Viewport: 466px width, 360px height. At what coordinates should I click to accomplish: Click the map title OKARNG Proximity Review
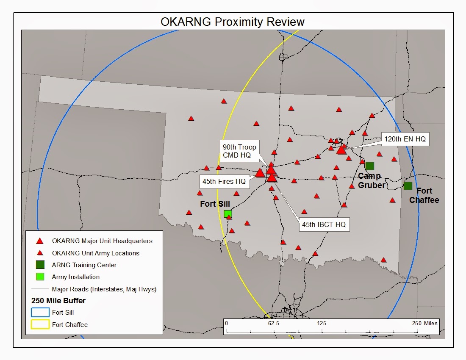tap(233, 22)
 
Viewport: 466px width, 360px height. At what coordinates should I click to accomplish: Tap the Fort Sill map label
tap(215, 204)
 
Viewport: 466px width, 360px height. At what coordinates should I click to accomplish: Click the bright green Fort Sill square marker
tap(228, 213)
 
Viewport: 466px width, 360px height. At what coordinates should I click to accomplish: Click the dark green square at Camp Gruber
tap(369, 166)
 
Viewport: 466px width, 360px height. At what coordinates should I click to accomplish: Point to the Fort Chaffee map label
tap(424, 195)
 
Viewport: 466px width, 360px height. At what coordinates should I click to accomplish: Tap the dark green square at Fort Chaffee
tap(408, 186)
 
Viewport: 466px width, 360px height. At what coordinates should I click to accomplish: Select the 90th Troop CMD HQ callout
tap(239, 151)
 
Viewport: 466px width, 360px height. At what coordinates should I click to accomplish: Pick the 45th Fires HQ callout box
tap(224, 181)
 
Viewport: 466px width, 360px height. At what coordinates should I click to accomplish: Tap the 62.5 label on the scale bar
tap(274, 323)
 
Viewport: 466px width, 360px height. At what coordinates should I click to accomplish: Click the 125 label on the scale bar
tap(322, 323)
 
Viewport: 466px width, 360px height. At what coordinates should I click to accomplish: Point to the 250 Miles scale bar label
tap(424, 323)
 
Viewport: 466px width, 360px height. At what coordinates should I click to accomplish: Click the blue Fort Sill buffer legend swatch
tap(40, 313)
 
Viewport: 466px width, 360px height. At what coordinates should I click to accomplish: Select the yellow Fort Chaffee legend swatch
tap(40, 325)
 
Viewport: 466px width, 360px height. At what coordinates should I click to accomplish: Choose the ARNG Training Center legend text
tap(84, 265)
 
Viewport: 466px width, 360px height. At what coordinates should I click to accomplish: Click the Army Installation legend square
tap(40, 277)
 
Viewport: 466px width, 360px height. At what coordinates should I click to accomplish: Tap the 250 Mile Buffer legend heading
tap(58, 301)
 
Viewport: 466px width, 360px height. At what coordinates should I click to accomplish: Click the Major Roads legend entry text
tap(104, 289)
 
